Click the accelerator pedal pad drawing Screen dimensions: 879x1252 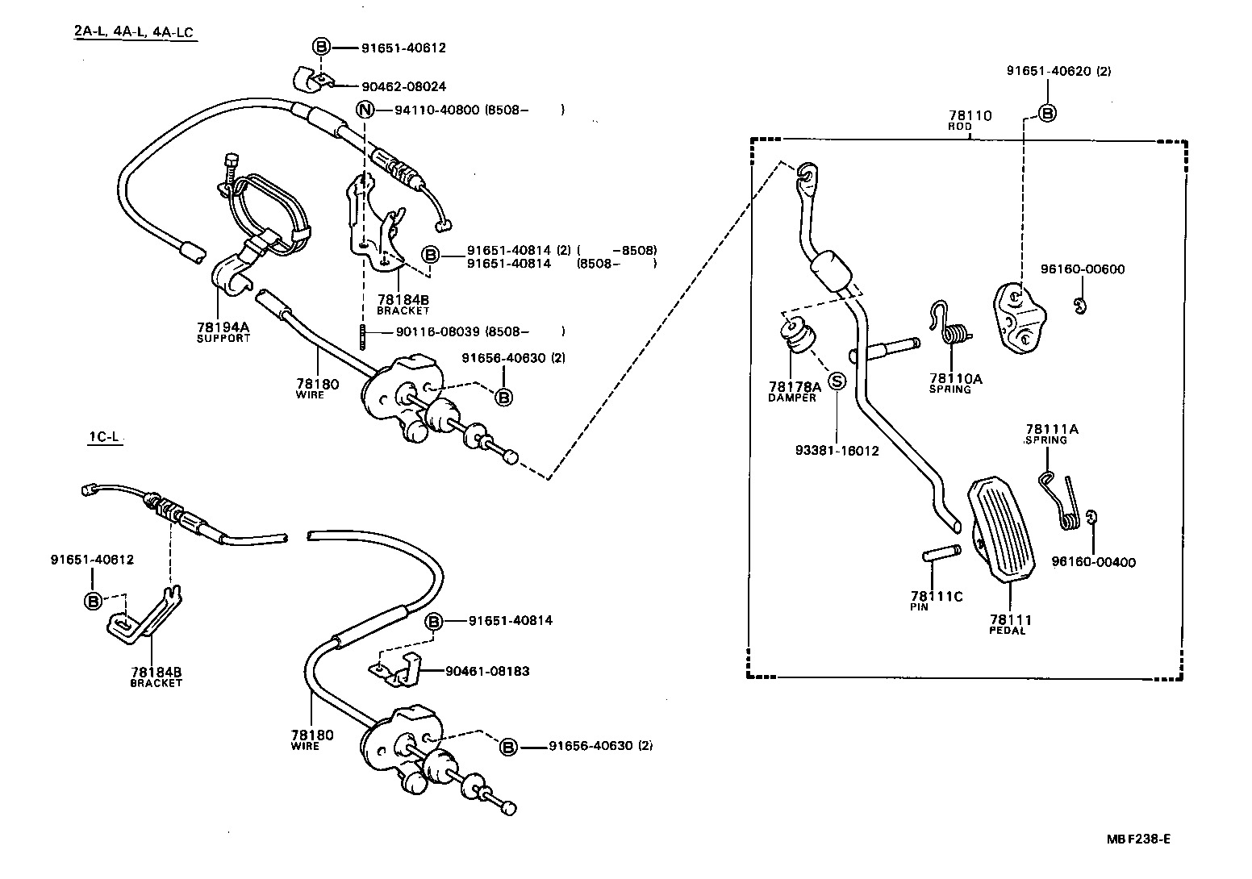point(1003,529)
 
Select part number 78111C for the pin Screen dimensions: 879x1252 point(937,597)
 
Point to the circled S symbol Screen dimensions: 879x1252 point(837,381)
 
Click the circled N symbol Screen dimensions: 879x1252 point(365,110)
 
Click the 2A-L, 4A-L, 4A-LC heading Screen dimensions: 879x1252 point(136,31)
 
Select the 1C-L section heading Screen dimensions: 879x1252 point(104,438)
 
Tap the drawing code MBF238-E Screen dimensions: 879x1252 point(1137,839)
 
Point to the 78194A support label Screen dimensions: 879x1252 point(223,327)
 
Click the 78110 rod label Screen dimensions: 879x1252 point(970,116)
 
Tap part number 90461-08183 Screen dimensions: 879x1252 point(487,671)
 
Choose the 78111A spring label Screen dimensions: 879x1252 point(1051,430)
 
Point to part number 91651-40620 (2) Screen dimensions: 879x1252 point(1058,71)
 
